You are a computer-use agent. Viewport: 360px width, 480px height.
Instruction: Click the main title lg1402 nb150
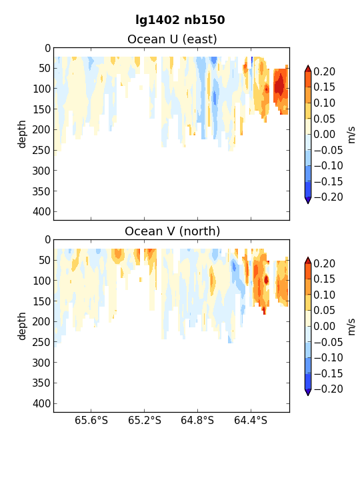click(x=180, y=20)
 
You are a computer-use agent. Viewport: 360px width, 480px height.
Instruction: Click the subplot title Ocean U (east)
click(x=172, y=39)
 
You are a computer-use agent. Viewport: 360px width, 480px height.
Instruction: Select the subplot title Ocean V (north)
click(x=172, y=231)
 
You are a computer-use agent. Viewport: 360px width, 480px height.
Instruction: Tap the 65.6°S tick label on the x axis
click(x=91, y=420)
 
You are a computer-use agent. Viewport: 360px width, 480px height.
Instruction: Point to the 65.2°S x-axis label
click(x=145, y=420)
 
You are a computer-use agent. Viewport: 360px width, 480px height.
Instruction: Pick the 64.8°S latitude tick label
click(x=197, y=420)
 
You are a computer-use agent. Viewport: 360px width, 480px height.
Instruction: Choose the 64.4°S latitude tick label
click(x=251, y=420)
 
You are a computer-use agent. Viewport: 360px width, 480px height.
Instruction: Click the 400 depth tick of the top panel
click(x=41, y=211)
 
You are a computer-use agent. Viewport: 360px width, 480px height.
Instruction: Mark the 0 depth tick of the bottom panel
click(x=47, y=240)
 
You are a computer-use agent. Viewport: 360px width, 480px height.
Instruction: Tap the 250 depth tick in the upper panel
click(x=41, y=150)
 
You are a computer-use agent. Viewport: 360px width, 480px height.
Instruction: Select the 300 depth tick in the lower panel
click(x=41, y=363)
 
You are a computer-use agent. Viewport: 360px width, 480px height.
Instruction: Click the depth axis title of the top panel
click(x=22, y=134)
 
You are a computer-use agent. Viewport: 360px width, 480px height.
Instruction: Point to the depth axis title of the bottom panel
click(x=22, y=326)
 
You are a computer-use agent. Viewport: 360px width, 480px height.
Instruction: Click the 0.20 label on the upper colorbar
click(x=325, y=71)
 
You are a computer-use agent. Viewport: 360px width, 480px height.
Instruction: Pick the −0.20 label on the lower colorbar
click(x=328, y=389)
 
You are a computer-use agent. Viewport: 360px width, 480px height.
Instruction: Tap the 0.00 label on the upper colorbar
click(x=325, y=134)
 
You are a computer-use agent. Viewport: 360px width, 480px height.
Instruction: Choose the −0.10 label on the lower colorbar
click(x=328, y=357)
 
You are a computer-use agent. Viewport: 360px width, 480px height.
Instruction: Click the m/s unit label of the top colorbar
click(x=351, y=135)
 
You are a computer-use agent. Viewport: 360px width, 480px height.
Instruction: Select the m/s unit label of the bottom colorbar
click(x=351, y=327)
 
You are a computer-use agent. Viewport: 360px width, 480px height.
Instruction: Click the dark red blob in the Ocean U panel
click(x=279, y=85)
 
